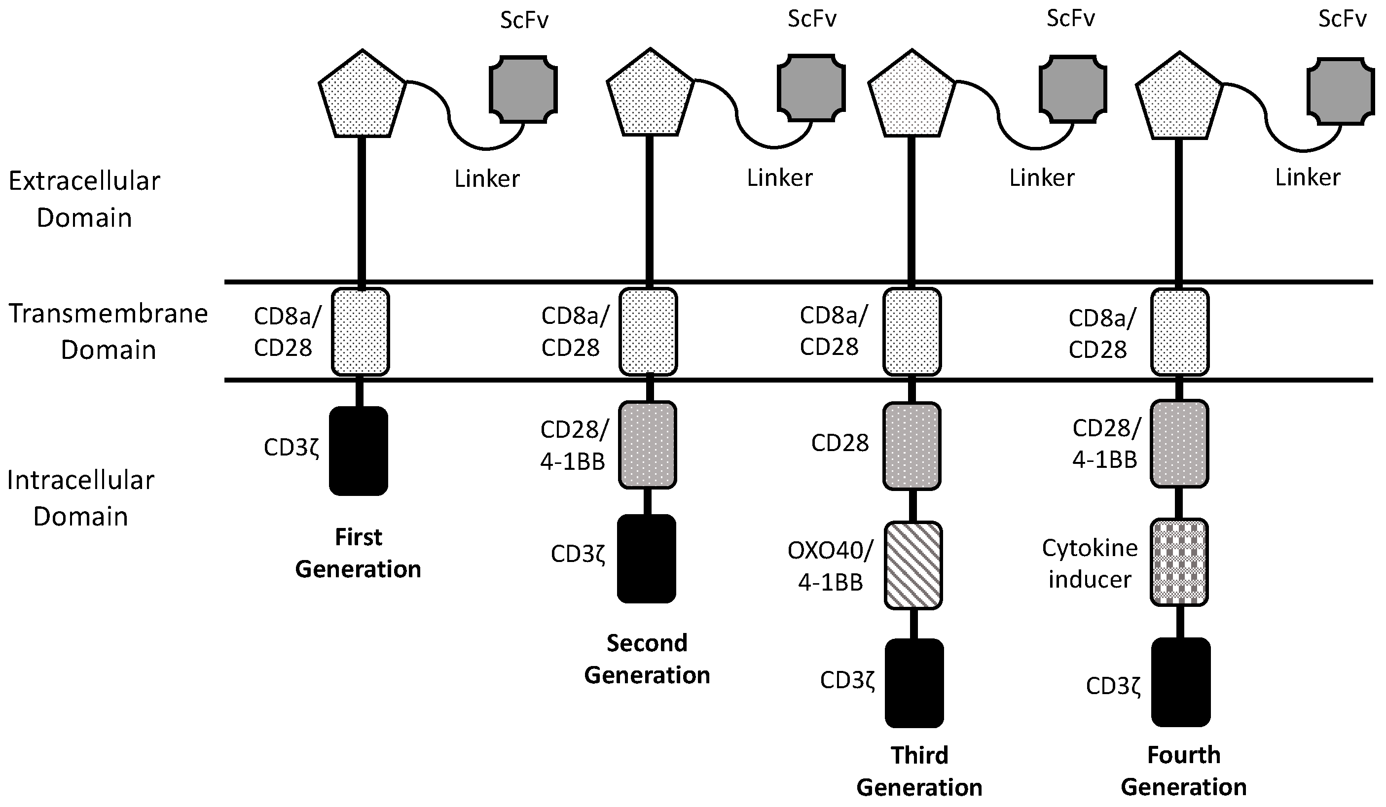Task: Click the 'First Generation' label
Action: pos(358,553)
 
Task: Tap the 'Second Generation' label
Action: pos(647,659)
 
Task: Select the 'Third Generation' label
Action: pos(919,772)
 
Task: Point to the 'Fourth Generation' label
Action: pos(1184,772)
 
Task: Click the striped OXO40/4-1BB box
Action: pos(913,565)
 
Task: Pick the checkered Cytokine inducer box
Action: pos(1179,562)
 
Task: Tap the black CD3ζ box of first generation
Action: pos(359,451)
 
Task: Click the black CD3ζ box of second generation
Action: pos(646,559)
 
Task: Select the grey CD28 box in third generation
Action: pos(912,446)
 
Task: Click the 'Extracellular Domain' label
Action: pos(84,199)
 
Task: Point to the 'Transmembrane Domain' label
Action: pos(109,331)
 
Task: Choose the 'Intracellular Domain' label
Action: pos(81,498)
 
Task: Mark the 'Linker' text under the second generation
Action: pos(779,177)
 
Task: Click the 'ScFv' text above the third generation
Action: pos(1070,19)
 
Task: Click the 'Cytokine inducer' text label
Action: pos(1090,563)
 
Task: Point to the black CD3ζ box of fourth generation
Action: pos(1181,682)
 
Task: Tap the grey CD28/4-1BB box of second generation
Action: pos(647,445)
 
